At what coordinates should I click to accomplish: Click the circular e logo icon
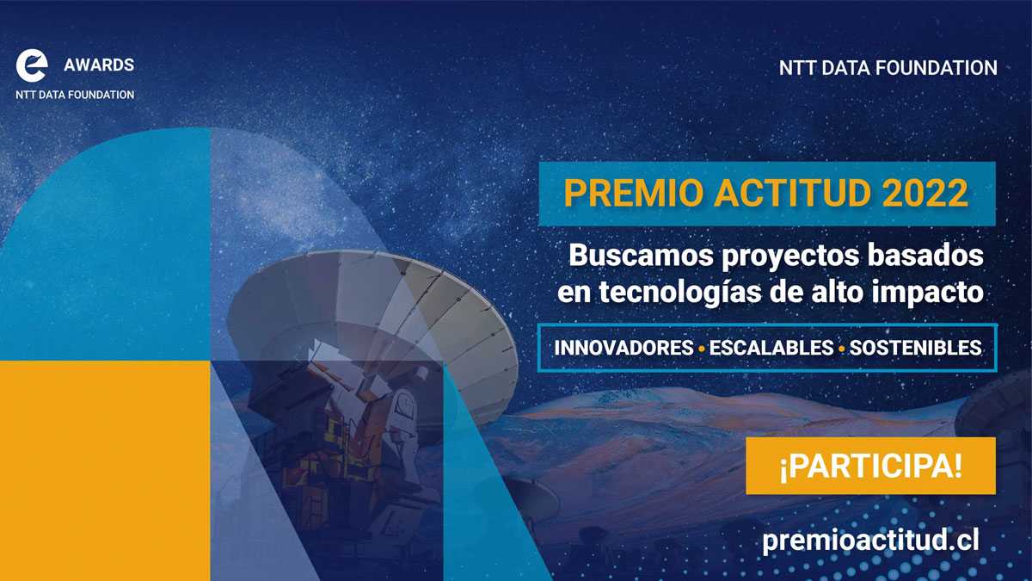tap(32, 65)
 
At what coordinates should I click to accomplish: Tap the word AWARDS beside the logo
tap(99, 65)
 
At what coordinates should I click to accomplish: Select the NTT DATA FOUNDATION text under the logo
tap(75, 95)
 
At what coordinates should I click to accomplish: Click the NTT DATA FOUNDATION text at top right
tap(888, 68)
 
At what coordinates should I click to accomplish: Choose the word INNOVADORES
tap(623, 349)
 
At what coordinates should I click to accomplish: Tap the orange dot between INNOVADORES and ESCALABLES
tap(702, 349)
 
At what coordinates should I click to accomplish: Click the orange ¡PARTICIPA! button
tap(870, 466)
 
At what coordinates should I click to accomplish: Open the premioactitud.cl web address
tap(870, 540)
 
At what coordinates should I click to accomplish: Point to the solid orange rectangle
tap(105, 470)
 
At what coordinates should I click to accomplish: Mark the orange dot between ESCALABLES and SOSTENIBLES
tap(840, 349)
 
